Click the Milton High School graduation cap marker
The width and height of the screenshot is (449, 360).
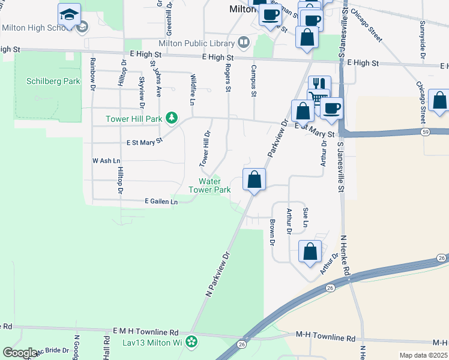70,15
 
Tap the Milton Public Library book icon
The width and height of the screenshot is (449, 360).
243,42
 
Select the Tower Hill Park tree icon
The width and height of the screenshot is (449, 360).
172,118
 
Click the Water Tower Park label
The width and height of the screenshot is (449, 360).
209,185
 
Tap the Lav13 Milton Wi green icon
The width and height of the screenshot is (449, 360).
191,343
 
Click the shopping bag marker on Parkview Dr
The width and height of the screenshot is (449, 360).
254,179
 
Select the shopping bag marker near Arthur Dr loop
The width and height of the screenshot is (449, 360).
310,251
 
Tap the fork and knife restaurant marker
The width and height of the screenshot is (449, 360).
319,85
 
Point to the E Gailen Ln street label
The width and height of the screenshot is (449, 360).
161,202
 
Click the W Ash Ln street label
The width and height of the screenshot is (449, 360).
106,161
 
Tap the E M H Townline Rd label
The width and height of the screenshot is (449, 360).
146,331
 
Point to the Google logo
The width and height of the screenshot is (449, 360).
20,352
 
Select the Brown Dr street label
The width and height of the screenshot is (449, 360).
272,233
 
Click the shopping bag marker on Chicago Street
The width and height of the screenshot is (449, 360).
439,102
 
